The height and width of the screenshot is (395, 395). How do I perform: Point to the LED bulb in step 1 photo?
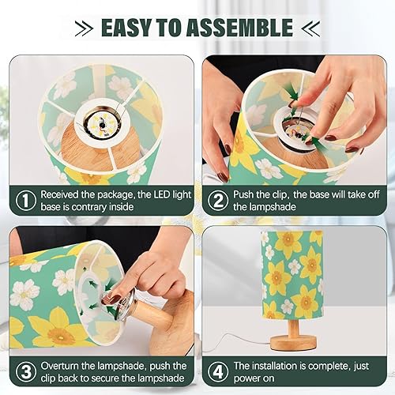tap(100, 124)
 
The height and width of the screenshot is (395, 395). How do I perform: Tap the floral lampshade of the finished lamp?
tap(294, 273)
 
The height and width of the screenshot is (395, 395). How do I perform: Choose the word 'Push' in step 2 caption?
tap(248, 194)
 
